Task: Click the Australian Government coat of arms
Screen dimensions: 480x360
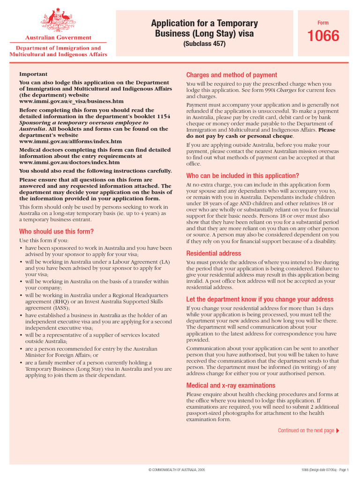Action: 58,21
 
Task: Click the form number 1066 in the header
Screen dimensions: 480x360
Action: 323,36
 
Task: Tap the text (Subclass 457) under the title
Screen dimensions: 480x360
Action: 204,44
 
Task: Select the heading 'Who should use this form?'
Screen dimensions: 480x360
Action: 56,231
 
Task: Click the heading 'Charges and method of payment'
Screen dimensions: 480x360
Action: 232,75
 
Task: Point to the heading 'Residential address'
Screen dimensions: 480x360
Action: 214,253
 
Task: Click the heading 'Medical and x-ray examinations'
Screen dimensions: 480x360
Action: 231,385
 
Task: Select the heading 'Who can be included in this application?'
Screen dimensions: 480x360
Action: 242,176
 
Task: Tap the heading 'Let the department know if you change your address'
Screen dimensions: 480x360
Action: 260,299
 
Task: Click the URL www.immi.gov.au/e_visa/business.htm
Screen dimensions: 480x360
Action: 71,101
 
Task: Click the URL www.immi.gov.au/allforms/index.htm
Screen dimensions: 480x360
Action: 70,141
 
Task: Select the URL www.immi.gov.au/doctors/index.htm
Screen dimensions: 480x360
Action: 69,162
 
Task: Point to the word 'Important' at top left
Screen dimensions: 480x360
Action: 33,74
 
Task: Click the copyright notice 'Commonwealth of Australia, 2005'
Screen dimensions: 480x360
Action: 176,469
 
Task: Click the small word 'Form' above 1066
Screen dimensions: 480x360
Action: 323,23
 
